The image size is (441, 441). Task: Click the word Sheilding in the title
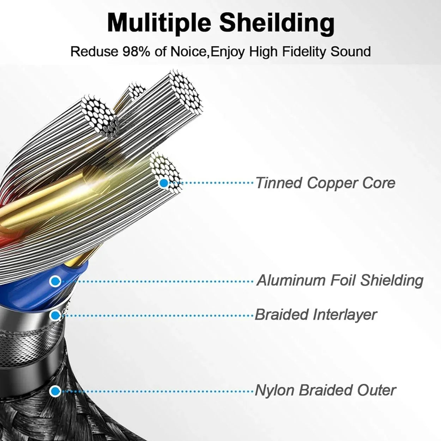click(x=277, y=23)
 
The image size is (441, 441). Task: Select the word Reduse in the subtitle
click(x=94, y=52)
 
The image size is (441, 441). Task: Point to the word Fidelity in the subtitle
click(x=304, y=52)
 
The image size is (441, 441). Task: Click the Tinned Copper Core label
click(x=325, y=183)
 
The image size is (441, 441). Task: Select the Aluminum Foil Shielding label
click(x=340, y=280)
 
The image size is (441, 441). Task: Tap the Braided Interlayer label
click(x=316, y=314)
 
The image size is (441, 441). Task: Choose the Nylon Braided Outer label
click(x=325, y=390)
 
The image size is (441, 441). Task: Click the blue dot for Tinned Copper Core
click(x=163, y=183)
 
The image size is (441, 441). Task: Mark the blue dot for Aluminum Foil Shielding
click(x=55, y=281)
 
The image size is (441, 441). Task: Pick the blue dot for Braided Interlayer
click(x=55, y=315)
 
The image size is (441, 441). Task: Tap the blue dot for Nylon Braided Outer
click(x=54, y=391)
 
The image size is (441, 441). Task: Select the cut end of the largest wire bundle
click(x=185, y=90)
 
